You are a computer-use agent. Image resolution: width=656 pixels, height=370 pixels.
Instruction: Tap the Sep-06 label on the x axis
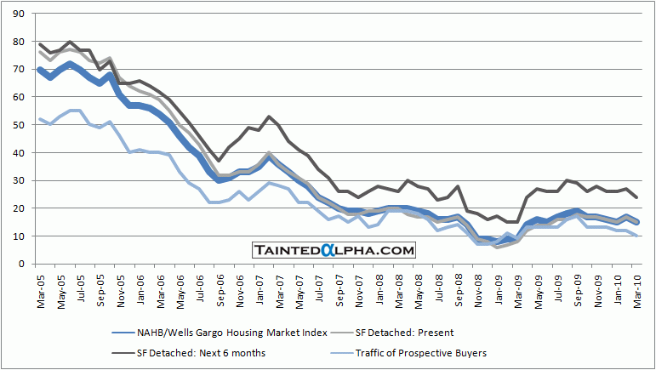[219, 290]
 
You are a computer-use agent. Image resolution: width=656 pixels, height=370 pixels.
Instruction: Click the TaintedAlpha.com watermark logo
[334, 250]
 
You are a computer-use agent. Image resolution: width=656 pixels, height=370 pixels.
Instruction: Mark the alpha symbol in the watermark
[337, 250]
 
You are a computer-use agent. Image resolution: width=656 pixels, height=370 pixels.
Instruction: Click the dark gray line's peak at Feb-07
[269, 117]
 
